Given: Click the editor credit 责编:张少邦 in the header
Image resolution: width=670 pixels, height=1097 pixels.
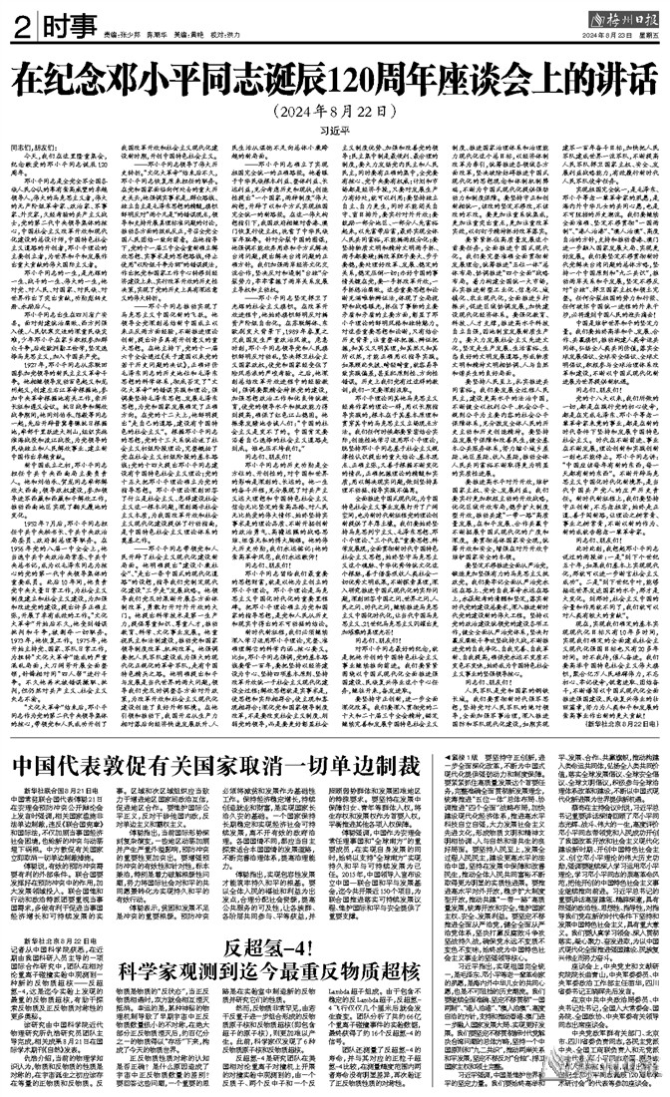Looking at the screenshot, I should [x=124, y=35].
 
